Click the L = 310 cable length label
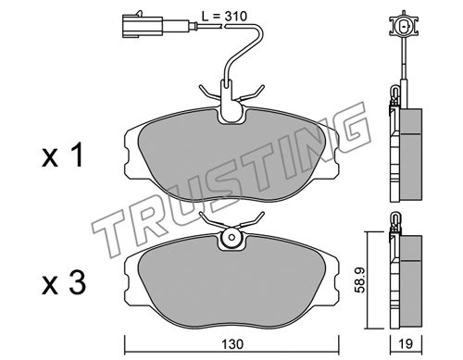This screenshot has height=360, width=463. pos(224,16)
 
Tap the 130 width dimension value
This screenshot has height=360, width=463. pos(232,343)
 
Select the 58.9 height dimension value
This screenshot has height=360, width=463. pos(360,279)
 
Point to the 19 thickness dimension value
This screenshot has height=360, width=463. pos(406,343)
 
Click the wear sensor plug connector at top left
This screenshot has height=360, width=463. pos(143,24)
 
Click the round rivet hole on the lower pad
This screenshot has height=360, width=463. pos(231,238)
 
